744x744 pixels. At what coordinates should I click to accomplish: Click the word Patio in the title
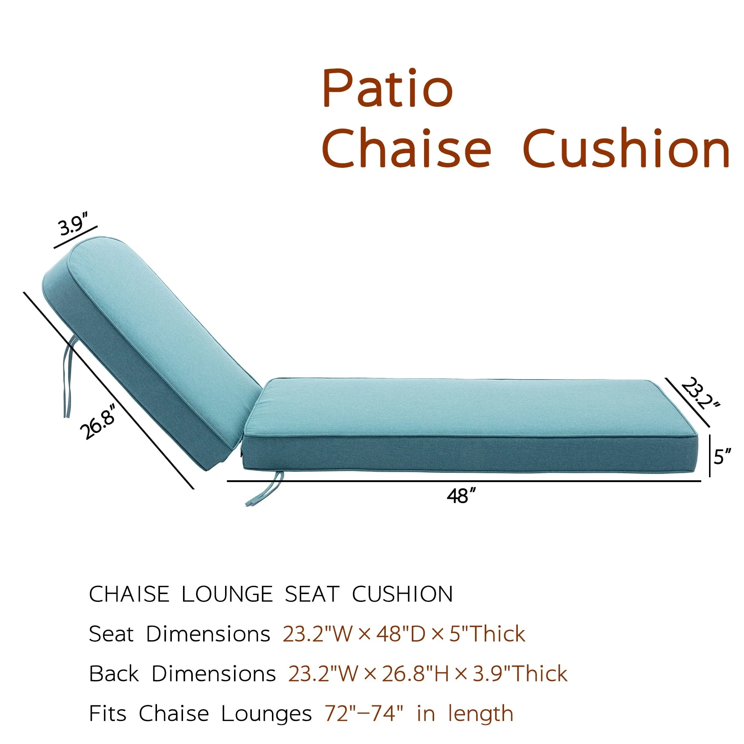pos(387,88)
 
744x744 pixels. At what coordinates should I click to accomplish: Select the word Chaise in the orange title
pos(407,148)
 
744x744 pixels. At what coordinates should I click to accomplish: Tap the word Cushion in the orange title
pos(626,148)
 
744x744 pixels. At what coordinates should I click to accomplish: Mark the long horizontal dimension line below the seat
pos(464,481)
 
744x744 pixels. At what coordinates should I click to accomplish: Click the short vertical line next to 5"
pos(710,456)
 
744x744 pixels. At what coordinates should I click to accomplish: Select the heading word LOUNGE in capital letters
pos(227,594)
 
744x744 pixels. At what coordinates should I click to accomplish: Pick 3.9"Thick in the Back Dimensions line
pos(520,674)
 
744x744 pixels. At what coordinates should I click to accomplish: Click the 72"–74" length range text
pos(364,713)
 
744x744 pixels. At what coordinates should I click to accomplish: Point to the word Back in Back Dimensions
pos(113,674)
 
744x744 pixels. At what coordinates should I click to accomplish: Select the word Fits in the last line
pos(108,713)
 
